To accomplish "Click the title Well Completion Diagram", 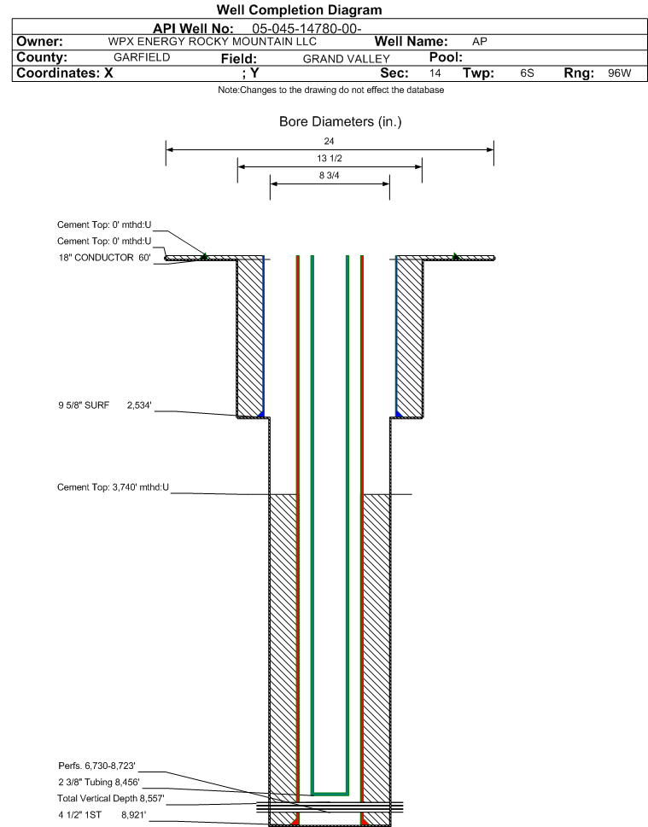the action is tap(299, 10).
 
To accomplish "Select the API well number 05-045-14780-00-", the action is tap(306, 28).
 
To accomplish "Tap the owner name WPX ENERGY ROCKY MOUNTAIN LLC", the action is tap(212, 42).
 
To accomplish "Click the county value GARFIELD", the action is tap(142, 57).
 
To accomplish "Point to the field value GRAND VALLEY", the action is tap(346, 59).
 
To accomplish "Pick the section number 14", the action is tap(435, 73).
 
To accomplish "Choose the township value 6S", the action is tap(527, 73).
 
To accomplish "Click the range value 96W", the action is tap(620, 73).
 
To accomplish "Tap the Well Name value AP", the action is tap(480, 42).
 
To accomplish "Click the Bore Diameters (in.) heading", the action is tap(341, 122).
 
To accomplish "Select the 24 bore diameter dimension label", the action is tap(329, 142).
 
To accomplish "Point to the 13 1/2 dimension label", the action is tap(330, 158).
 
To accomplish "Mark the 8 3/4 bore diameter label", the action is tap(330, 176).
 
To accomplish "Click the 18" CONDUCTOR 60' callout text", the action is tap(104, 258).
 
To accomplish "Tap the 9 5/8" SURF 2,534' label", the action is tap(105, 405).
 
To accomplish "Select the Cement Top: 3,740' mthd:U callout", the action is tap(113, 487).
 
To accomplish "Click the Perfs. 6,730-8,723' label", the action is tap(97, 766).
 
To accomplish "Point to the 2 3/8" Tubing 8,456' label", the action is tap(99, 782).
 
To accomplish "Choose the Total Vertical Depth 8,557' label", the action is tap(111, 799).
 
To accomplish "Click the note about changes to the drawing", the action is tap(331, 90).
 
